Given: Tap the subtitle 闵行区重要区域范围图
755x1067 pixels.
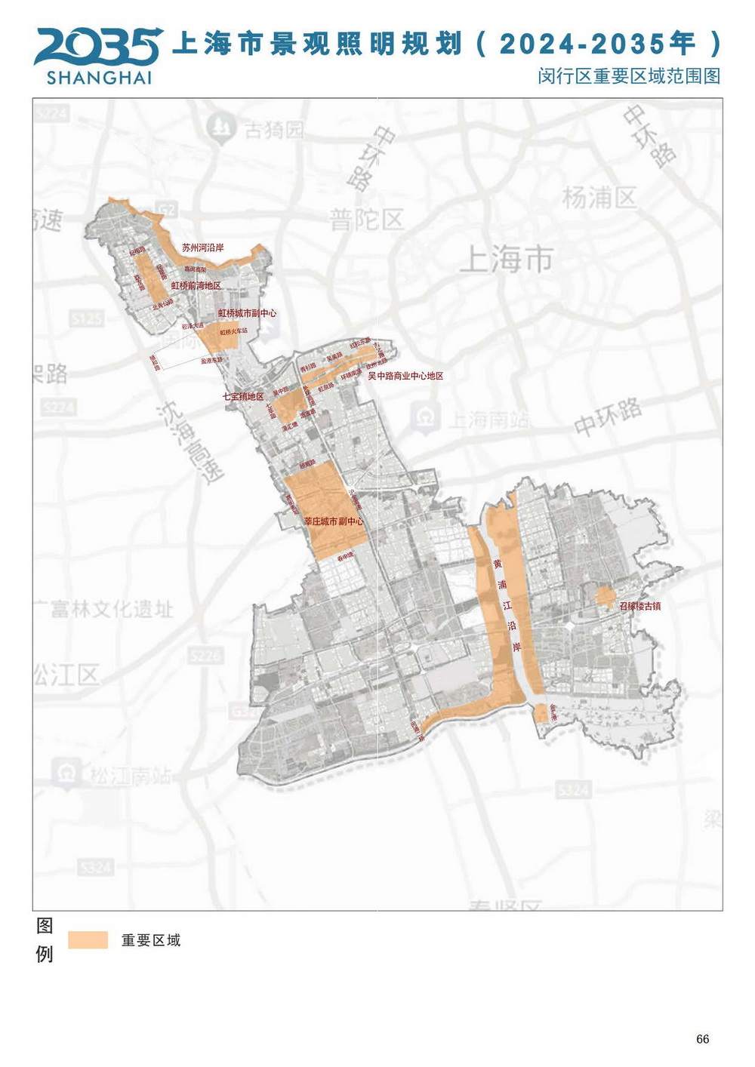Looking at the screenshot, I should point(629,76).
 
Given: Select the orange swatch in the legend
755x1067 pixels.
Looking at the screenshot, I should point(88,939).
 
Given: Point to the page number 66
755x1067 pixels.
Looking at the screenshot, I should point(702,1039).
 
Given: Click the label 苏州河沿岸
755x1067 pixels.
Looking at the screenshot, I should point(202,248).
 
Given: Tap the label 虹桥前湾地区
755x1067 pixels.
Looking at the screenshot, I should point(196,286).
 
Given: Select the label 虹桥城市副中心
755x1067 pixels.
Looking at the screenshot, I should point(247,313).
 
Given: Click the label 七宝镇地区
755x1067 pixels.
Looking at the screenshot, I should point(242,396).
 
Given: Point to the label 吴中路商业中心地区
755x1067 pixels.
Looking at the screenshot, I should point(405,376).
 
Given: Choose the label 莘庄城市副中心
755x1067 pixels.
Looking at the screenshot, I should point(333,521).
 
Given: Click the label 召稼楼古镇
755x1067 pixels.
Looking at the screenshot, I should point(639,605).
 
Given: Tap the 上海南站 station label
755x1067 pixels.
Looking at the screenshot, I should point(488,419).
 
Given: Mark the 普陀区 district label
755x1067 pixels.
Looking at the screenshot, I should point(367,220).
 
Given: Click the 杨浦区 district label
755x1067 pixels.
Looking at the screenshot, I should point(599,198).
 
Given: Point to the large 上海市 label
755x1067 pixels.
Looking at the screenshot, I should point(506,259).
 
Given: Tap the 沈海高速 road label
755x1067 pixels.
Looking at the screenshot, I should point(192,441).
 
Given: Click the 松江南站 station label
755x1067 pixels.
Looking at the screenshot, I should point(130,776).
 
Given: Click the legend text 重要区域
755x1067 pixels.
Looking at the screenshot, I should point(151,940).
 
